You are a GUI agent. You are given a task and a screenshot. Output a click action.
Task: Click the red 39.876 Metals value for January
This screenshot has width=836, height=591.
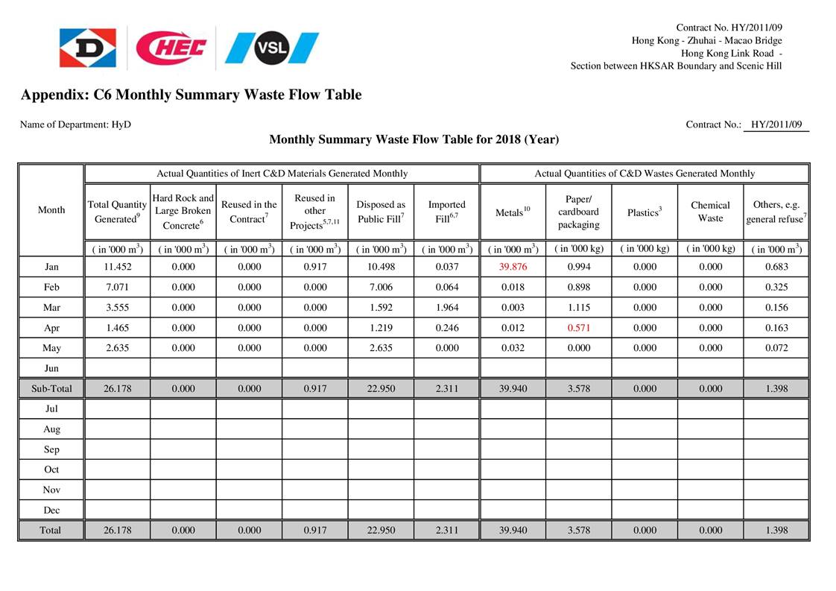tap(513, 267)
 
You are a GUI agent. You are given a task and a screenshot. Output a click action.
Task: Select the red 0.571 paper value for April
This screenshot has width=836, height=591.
tap(578, 328)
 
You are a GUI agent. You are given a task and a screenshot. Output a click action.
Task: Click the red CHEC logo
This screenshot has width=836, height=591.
tap(171, 48)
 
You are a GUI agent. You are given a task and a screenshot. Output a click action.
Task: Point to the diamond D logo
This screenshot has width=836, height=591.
tap(88, 48)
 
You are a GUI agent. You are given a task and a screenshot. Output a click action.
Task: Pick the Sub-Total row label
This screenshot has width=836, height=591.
tap(51, 388)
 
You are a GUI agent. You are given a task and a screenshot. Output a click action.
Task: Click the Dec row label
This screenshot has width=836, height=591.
tap(51, 511)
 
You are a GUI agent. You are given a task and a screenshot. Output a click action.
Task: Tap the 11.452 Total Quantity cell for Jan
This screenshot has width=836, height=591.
tap(118, 267)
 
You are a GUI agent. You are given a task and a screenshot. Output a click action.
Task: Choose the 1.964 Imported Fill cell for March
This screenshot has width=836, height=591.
tap(447, 307)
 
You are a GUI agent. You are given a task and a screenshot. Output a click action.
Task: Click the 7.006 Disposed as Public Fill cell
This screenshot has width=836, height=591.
tap(381, 287)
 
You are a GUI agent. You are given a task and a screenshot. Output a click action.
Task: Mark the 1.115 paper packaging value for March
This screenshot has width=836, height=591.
tap(578, 307)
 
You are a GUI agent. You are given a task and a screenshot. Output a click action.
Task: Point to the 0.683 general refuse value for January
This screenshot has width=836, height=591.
tap(776, 267)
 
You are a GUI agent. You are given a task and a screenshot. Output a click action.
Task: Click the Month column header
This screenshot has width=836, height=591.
tap(51, 210)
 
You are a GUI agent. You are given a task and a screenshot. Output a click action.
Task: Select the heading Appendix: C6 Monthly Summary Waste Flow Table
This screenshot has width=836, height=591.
tap(191, 95)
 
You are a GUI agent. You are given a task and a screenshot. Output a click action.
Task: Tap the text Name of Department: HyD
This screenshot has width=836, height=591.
tap(75, 124)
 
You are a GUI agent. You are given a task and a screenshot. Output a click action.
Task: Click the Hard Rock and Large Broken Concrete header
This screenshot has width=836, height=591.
tap(183, 211)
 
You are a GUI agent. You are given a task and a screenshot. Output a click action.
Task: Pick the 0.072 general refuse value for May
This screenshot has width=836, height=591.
tap(776, 348)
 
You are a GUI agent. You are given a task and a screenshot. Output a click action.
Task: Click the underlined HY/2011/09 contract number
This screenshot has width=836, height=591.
tap(776, 124)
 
